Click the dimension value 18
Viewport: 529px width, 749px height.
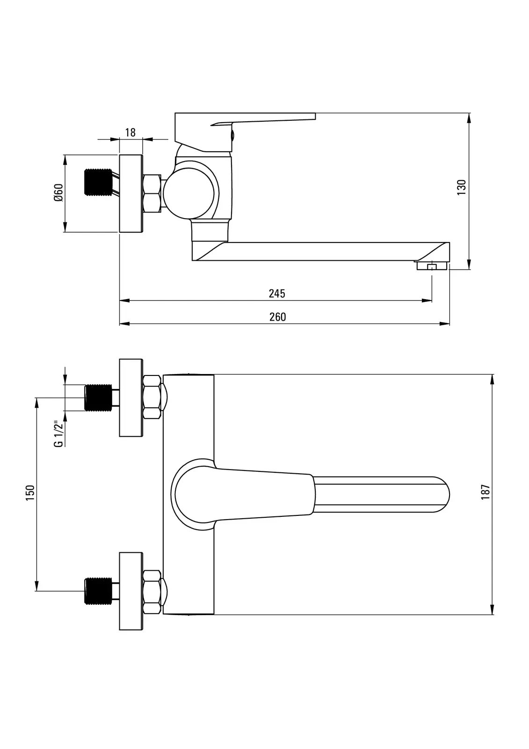[130, 132]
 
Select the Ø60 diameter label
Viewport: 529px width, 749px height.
[58, 193]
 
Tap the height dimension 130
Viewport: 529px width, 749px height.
[462, 187]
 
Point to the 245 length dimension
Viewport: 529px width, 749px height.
[277, 294]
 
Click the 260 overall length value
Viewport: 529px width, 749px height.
[277, 317]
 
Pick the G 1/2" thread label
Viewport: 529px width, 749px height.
[58, 434]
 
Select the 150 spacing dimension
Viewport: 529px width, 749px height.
[30, 493]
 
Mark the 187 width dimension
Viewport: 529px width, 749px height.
[486, 492]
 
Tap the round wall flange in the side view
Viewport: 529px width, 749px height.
[131, 193]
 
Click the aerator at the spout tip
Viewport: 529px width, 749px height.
[432, 266]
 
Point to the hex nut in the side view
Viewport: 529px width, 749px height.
[152, 193]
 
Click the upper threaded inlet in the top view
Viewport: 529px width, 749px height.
[98, 397]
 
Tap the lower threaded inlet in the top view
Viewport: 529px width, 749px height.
[98, 591]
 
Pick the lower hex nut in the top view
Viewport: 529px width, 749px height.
[152, 592]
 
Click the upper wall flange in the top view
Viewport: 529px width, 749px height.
[131, 398]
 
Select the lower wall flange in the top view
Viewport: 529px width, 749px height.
[131, 591]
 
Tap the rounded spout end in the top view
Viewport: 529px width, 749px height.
[440, 494]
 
